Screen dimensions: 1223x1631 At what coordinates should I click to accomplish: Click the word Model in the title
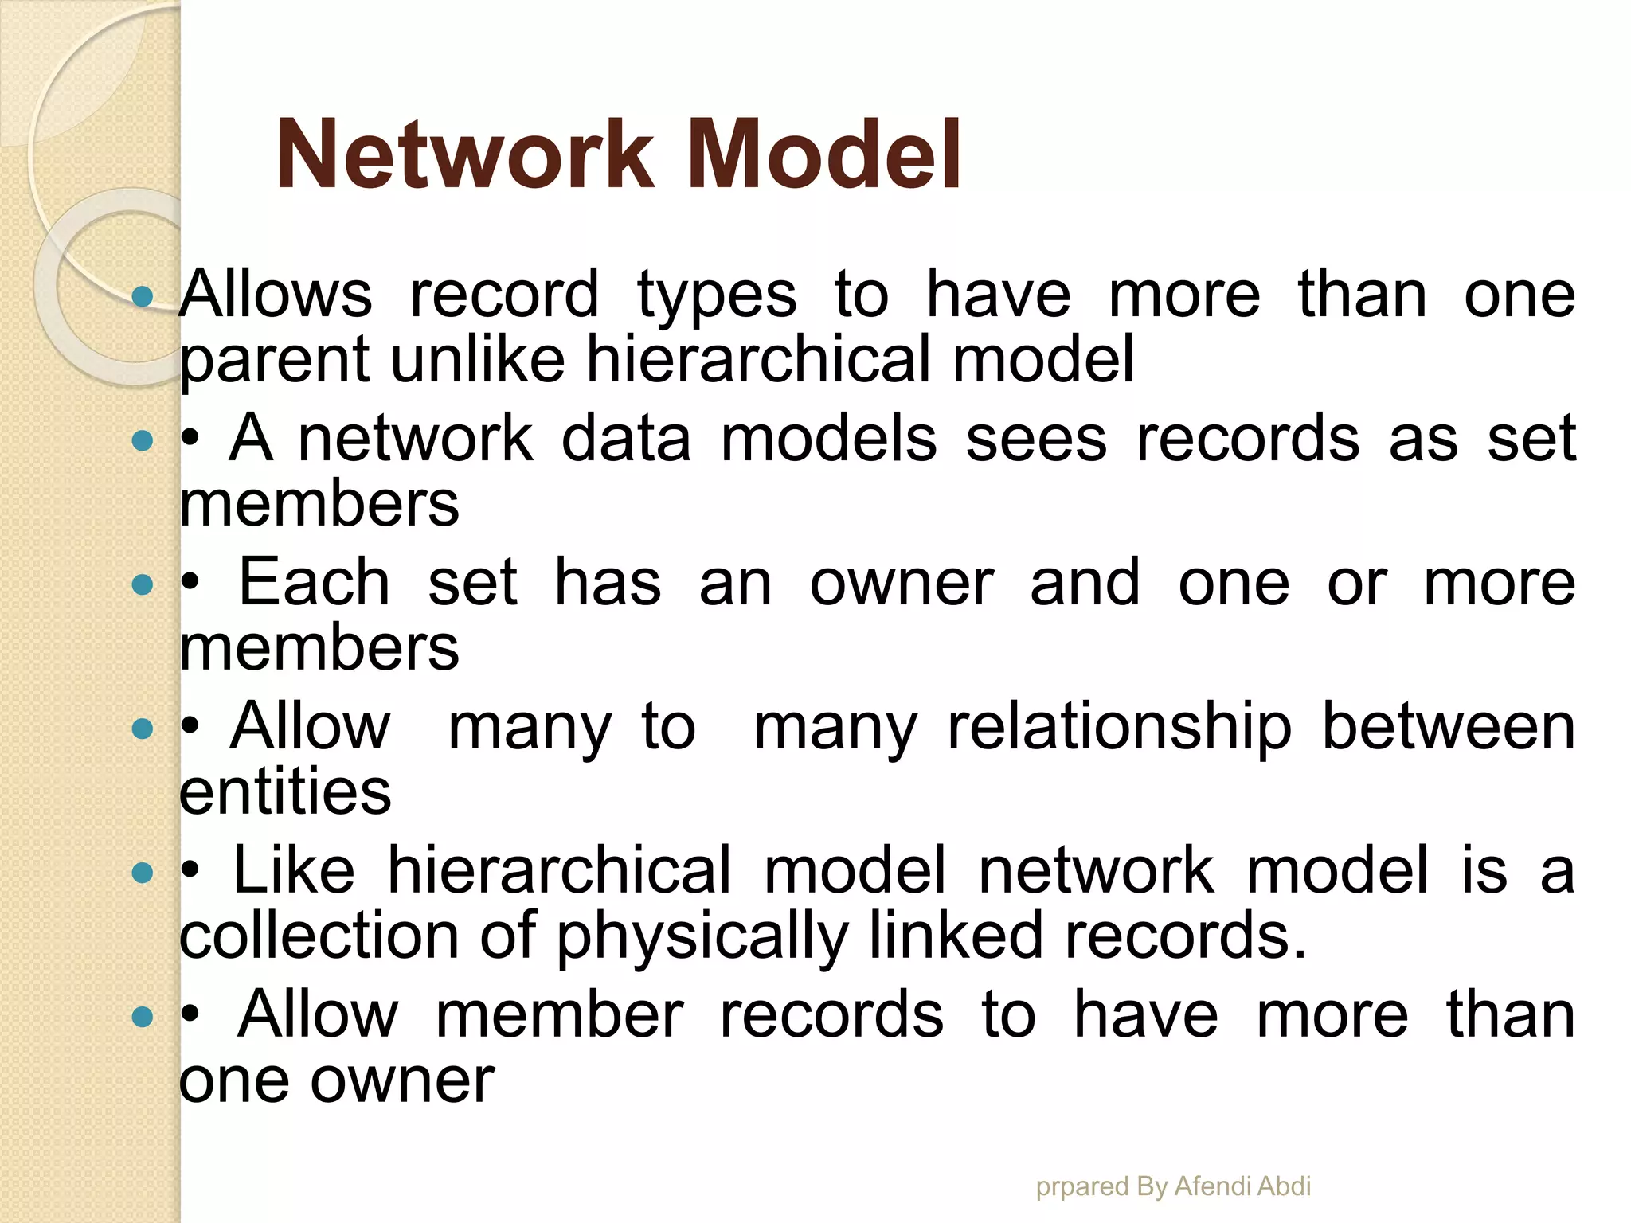823,154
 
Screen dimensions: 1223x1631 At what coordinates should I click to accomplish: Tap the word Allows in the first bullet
276,295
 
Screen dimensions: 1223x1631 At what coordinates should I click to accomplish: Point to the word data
626,439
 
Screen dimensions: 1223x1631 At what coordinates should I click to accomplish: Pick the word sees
1036,439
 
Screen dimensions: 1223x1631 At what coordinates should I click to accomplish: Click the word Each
315,583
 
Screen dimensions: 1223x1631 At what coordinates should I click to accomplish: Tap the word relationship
1120,729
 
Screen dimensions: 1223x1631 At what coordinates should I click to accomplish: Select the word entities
285,791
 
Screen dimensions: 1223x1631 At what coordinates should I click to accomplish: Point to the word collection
319,936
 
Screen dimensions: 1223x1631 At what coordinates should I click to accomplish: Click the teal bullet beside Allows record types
143,297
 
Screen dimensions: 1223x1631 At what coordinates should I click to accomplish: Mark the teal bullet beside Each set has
143,585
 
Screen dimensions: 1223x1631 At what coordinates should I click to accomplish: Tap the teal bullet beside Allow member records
143,1017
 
